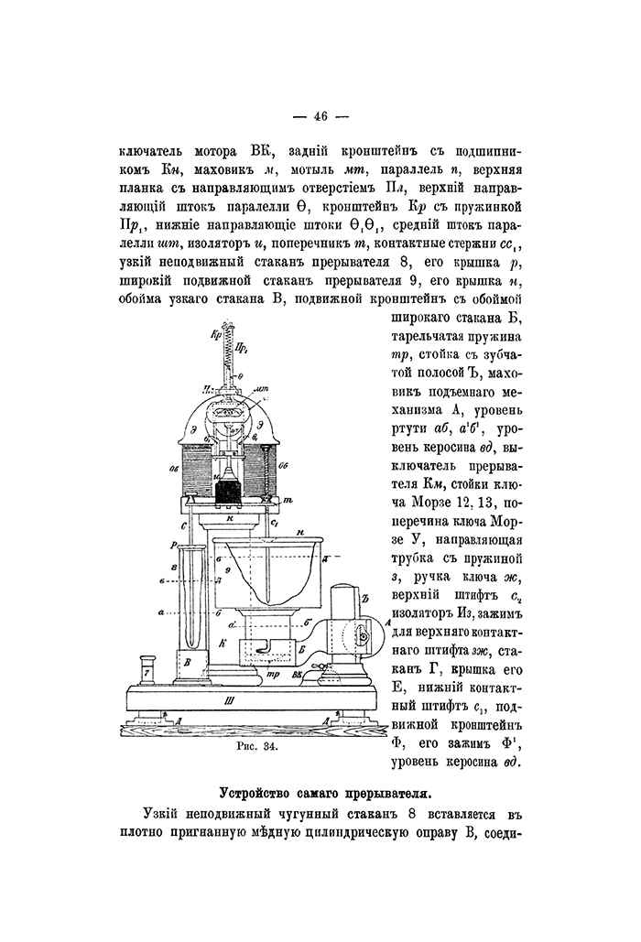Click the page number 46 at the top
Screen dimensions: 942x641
pyautogui.click(x=320, y=115)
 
